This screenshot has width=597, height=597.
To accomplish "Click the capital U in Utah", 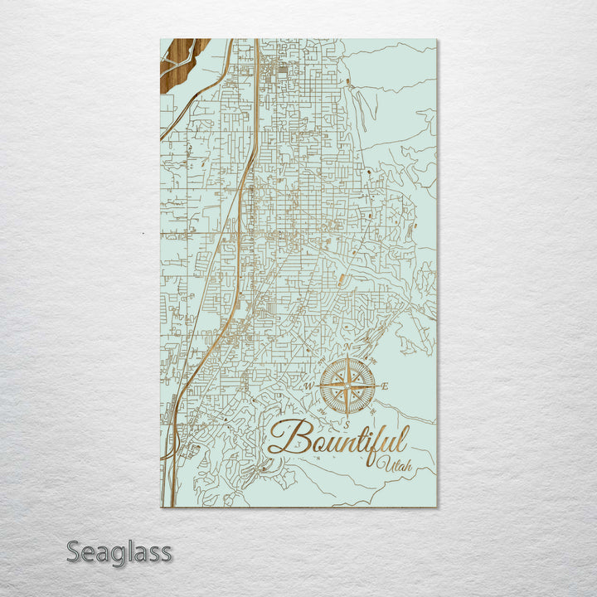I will [x=382, y=461].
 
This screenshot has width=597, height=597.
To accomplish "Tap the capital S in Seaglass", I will [x=74, y=551].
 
